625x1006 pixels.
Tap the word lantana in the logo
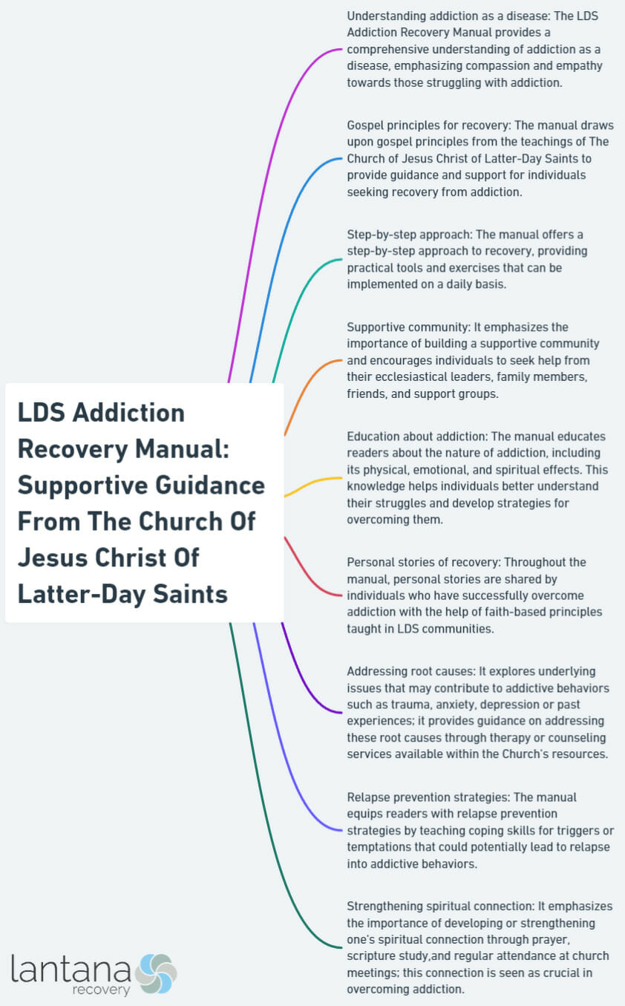coord(71,969)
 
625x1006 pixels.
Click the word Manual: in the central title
coord(183,448)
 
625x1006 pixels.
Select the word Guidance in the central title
coord(210,485)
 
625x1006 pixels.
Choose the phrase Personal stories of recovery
coord(422,562)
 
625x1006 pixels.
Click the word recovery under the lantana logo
coord(101,990)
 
